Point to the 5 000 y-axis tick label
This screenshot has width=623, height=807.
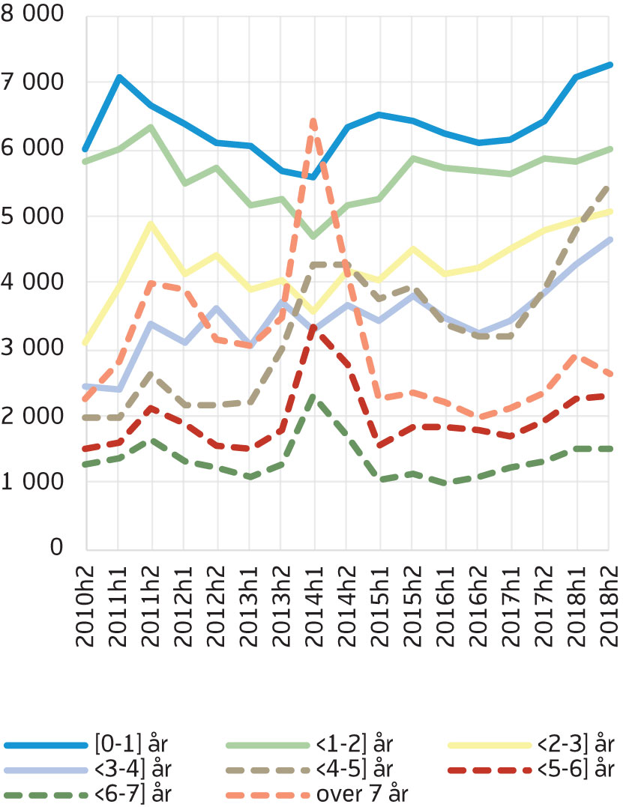34,216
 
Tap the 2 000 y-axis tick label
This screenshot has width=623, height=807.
34,415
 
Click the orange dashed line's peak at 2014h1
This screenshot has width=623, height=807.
314,120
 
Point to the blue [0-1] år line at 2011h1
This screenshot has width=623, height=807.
119,77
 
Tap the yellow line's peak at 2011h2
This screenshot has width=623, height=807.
152,223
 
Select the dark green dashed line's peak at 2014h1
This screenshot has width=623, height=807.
314,396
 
